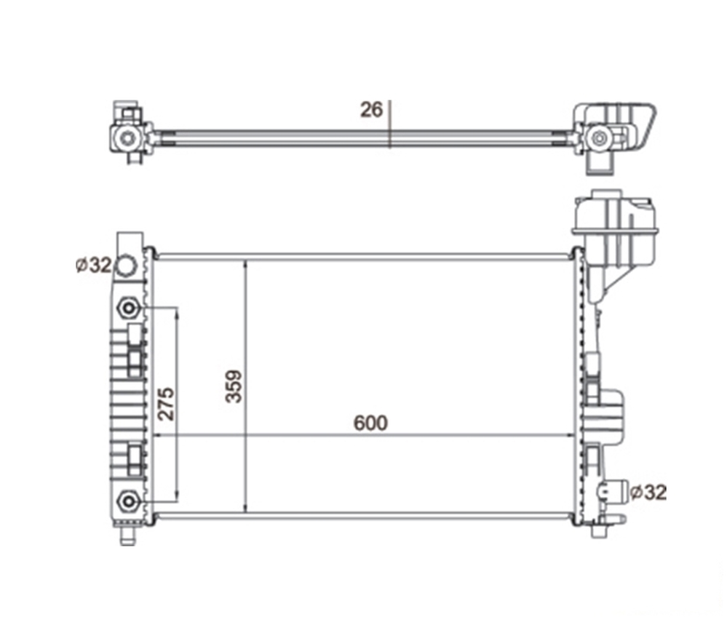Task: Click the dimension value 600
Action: point(370,423)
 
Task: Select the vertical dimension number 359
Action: point(234,386)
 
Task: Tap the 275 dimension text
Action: point(167,404)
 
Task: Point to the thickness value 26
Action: point(371,110)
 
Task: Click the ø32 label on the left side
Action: point(94,266)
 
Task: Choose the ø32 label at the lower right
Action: point(649,492)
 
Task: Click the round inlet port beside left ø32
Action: point(126,266)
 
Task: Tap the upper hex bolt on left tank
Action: point(128,308)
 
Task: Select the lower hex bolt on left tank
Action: point(128,501)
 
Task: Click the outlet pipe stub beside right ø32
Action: point(613,491)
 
